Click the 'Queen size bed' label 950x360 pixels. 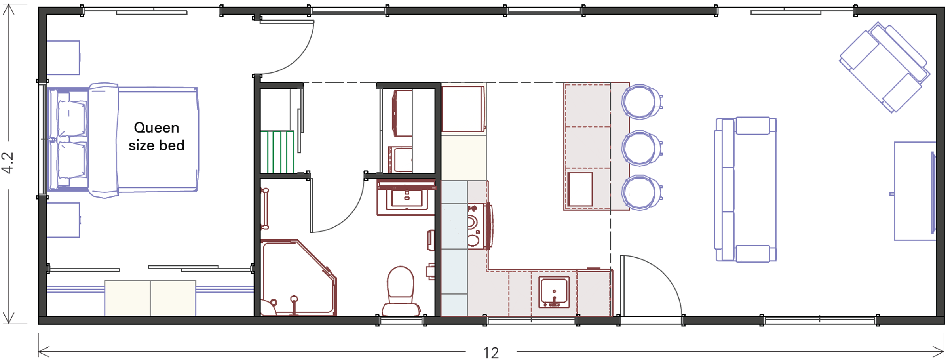156,137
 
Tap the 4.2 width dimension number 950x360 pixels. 8,163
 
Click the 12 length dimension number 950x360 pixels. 491,353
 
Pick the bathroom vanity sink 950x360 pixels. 407,198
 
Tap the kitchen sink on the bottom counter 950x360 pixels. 554,292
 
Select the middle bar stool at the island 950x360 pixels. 640,148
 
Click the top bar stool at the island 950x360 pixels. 640,102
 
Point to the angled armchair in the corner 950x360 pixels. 885,67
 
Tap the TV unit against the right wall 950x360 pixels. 915,191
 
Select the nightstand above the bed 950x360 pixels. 63,58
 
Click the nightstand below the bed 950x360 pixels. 63,220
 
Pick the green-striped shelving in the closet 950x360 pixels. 277,152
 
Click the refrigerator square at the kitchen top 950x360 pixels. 463,109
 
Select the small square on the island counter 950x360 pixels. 580,189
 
